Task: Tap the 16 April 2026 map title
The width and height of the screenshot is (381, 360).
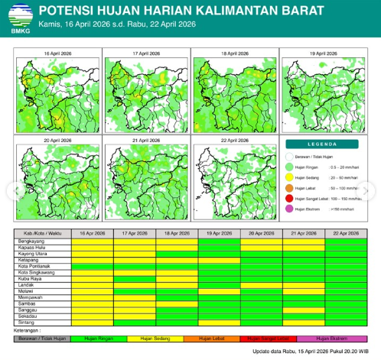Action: click(x=57, y=54)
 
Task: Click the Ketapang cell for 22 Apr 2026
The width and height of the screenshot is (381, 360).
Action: click(x=345, y=259)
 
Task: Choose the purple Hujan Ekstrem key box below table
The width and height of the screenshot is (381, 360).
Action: click(x=333, y=337)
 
